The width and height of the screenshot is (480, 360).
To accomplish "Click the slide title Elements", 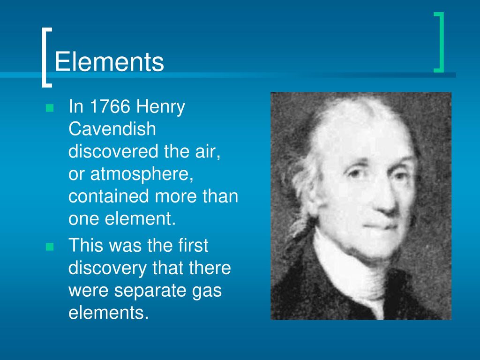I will [109, 62].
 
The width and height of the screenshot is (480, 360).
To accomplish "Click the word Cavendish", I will [112, 129].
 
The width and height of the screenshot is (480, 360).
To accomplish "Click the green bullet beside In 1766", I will [50, 108].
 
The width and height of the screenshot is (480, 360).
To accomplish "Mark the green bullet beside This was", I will [50, 247].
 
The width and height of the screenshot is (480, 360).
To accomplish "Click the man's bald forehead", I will [361, 131].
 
